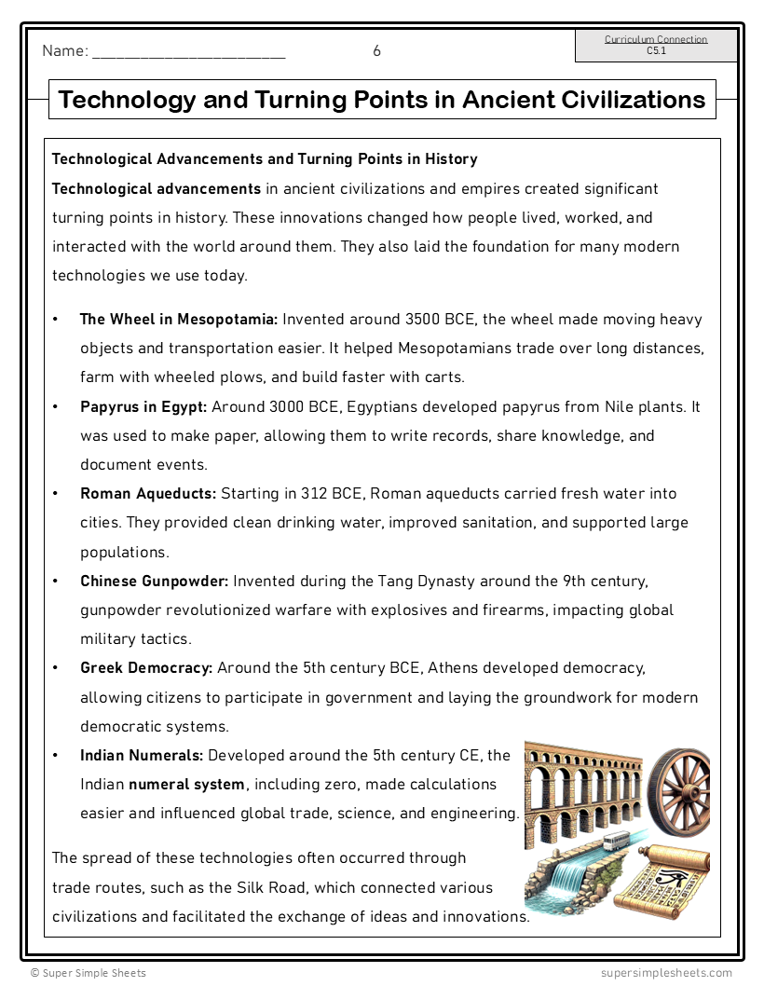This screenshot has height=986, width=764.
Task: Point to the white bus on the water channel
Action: pos(618,841)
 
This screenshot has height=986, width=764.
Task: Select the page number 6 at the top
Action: pos(376,51)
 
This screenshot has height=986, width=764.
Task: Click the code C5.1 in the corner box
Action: pos(656,51)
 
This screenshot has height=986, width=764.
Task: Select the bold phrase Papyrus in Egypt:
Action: pos(144,406)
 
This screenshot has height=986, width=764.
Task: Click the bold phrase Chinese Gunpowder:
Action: pos(154,581)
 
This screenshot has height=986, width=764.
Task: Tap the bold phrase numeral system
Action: pos(187,784)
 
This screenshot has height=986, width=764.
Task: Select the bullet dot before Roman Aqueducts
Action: pos(56,493)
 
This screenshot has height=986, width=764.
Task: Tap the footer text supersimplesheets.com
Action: pos(666,973)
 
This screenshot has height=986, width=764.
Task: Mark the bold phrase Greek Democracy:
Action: pos(146,668)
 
